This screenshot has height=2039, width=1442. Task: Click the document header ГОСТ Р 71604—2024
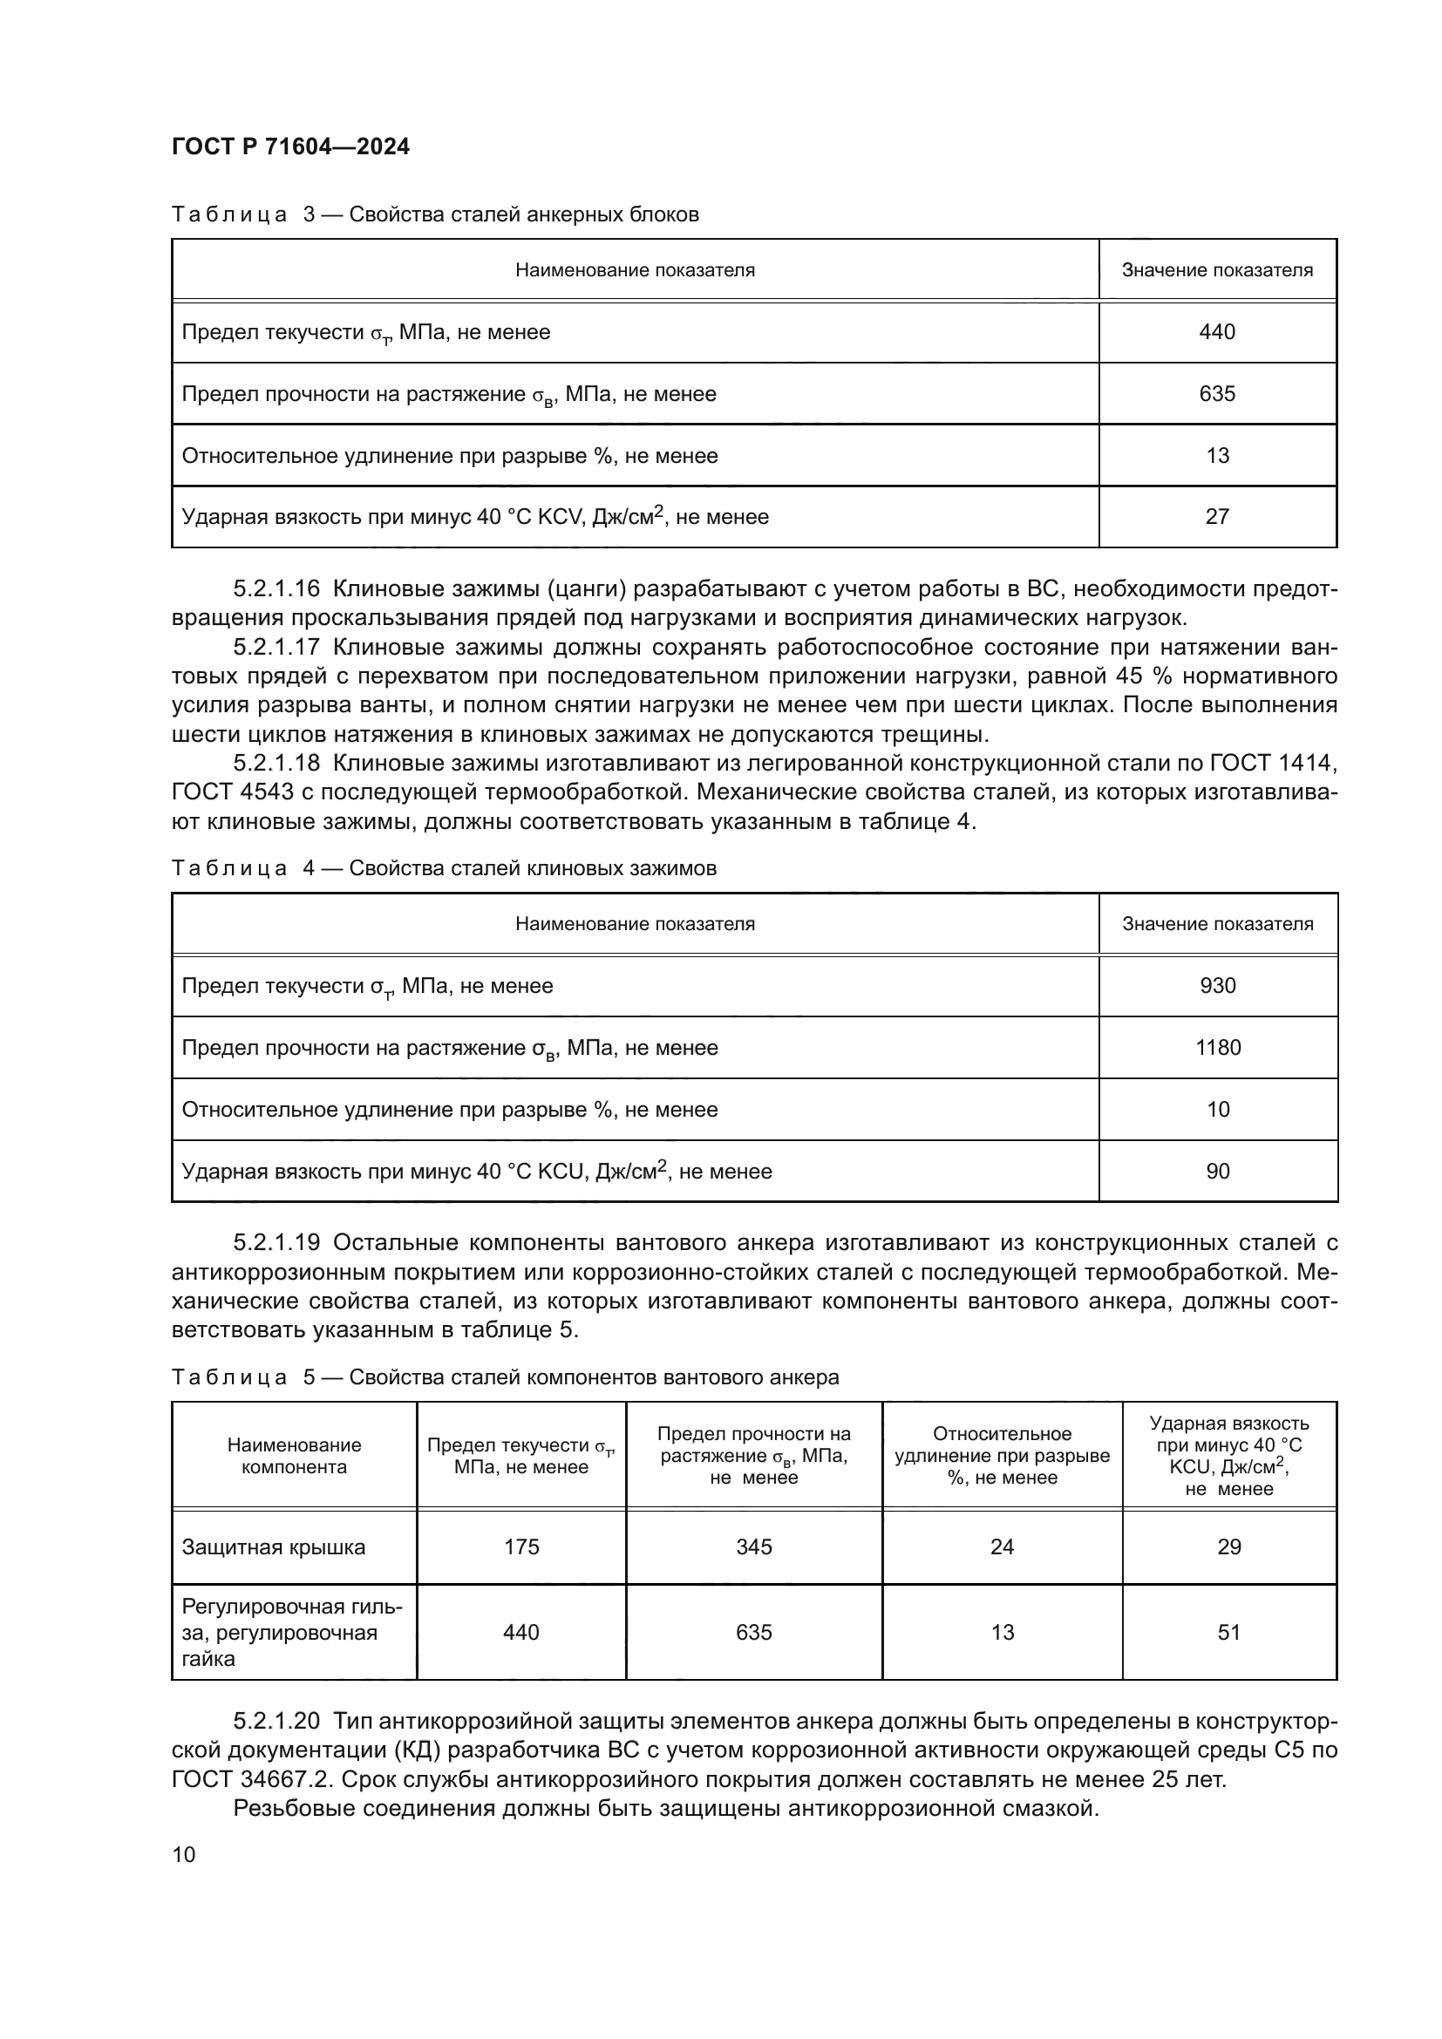point(290,146)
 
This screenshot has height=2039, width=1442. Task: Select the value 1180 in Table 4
point(1217,1048)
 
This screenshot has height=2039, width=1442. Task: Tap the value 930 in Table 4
point(1217,986)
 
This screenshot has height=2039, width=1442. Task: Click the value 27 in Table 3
point(1216,517)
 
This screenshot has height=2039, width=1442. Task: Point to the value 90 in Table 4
point(1217,1172)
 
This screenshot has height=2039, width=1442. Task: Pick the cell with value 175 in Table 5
point(521,1547)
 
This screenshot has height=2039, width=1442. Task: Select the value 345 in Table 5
point(754,1547)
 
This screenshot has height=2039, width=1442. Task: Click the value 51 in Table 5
point(1229,1632)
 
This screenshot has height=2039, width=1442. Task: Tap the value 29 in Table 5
point(1229,1547)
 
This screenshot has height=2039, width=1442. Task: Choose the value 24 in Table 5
point(1002,1547)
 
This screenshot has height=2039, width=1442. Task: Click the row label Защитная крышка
point(274,1547)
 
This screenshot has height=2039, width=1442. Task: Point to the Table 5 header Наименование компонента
point(294,1456)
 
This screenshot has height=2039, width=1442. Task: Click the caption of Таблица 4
point(444,867)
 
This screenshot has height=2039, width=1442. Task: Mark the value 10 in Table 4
point(1217,1109)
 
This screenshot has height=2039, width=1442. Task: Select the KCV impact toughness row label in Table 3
point(475,517)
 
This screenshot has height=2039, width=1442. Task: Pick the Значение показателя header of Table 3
point(1216,270)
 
